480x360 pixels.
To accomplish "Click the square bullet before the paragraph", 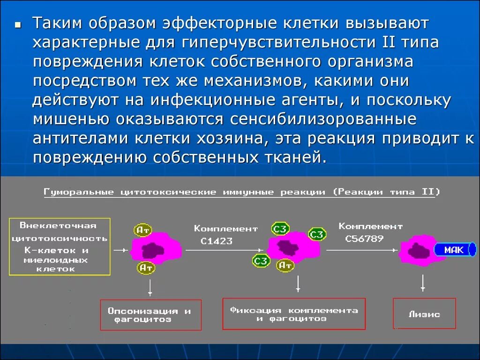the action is [18, 24].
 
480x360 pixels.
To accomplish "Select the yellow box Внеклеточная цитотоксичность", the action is [60, 246].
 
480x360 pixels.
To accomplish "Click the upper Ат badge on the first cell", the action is [143, 230].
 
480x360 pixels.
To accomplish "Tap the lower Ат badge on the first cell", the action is [146, 268].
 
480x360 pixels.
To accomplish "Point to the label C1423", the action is [217, 241].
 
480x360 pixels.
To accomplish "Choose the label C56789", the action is [364, 238].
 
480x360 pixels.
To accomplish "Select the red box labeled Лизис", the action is [424, 314].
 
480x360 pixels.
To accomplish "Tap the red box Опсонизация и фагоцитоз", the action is [150, 315].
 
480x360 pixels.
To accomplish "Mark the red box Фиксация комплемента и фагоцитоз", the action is [293, 314].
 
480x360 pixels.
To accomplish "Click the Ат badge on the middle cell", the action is [285, 266].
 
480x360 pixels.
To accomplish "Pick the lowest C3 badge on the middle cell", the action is [261, 260].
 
